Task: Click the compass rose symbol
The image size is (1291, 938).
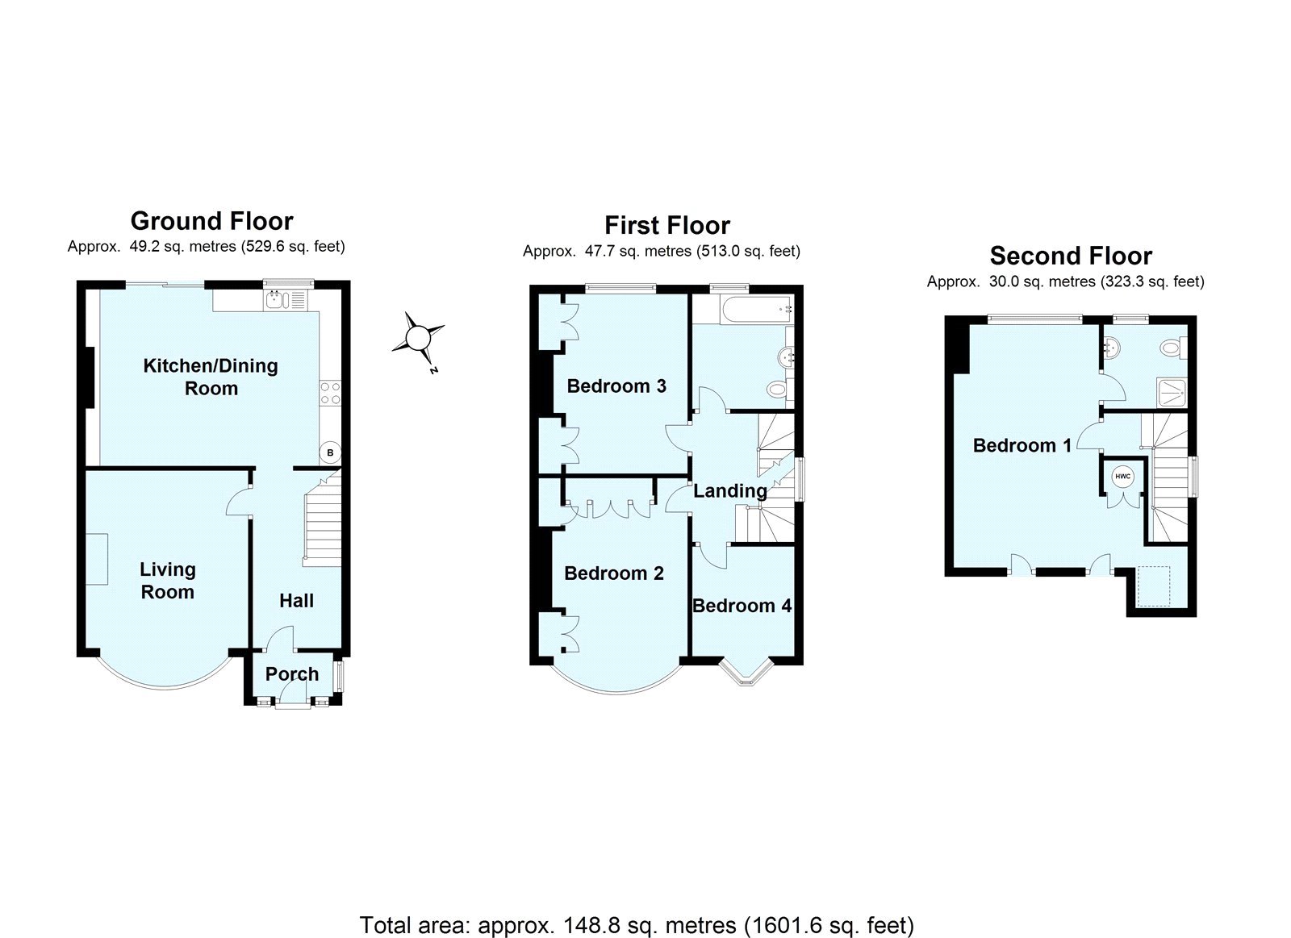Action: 418,338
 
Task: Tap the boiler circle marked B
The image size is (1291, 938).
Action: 330,452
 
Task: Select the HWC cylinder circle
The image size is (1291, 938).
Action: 1123,477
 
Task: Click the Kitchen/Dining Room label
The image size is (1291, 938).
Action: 211,377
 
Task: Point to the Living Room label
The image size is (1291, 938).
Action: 167,581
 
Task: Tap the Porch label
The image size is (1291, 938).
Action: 292,674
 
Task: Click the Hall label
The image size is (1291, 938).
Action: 296,601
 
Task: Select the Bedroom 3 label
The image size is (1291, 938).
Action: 616,386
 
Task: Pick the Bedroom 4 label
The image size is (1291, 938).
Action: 742,606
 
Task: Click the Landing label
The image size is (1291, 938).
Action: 730,490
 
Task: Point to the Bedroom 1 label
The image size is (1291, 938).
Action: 1022,445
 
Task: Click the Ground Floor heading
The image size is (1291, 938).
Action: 211,221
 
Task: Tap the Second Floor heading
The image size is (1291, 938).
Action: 1071,256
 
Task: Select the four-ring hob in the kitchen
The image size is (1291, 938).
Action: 330,394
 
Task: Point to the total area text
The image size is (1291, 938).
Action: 636,924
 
